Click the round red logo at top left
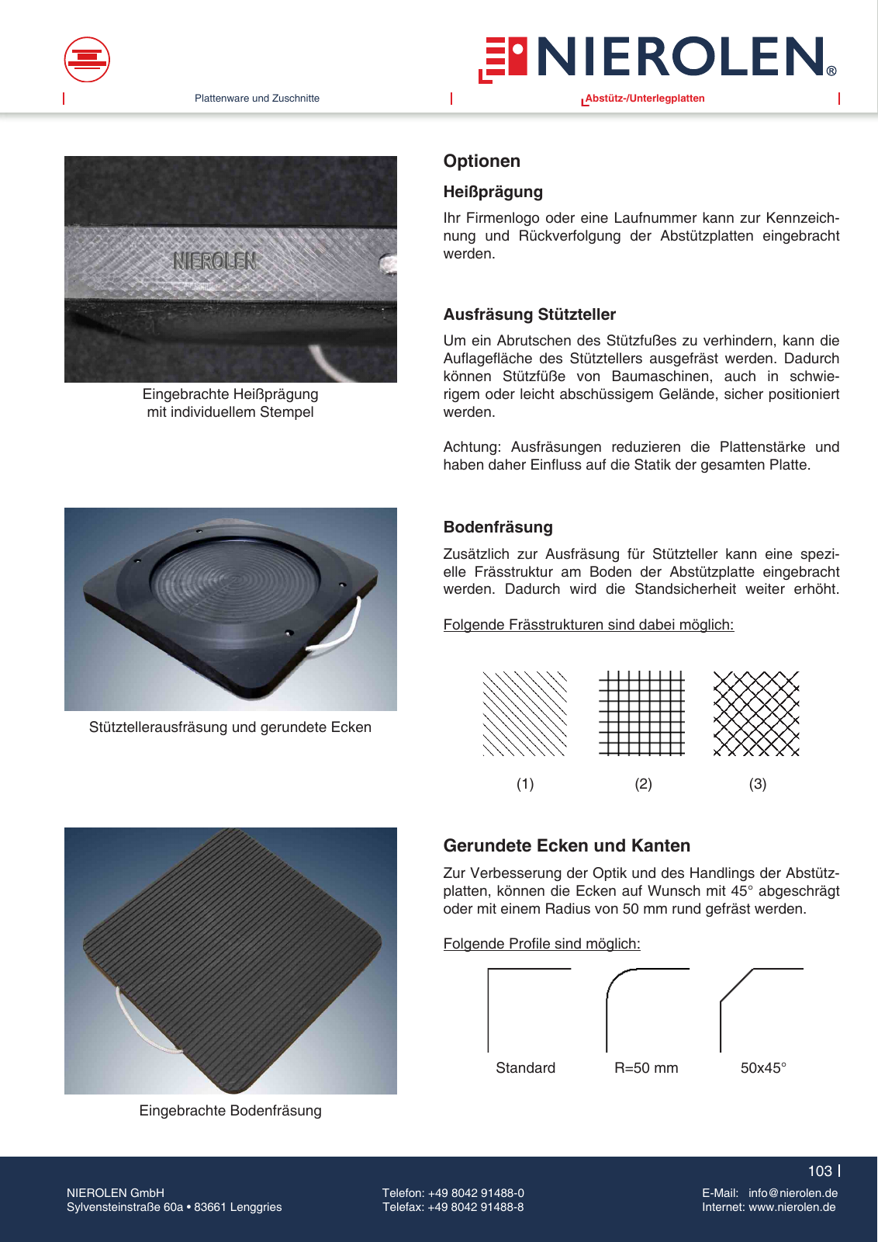coord(87,60)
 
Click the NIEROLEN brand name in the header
coord(680,57)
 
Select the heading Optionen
coord(482,161)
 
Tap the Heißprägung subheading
coord(493,192)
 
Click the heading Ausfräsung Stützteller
coord(529,314)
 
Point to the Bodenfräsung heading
coord(498,527)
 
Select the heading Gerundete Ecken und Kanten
coord(566,845)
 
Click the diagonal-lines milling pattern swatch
coord(525,713)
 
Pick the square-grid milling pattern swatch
coord(641,713)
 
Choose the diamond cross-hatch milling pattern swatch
coord(756,713)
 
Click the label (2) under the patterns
coord(643,784)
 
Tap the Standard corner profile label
coord(525,1068)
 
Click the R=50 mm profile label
coord(646,1068)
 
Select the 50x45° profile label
coord(763,1068)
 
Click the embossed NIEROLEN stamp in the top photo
coord(214,262)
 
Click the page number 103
coord(819,1171)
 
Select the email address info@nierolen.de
coord(793,1193)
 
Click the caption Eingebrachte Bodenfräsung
coord(230,1111)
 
